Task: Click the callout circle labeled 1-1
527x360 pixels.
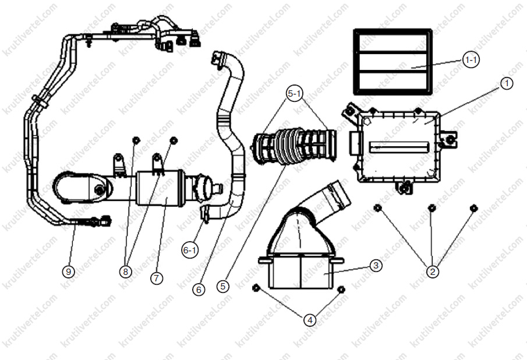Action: click(471, 60)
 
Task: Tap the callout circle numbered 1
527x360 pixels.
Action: click(507, 83)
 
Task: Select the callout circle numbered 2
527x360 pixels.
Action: click(433, 271)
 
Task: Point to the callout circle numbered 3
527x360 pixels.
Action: click(376, 266)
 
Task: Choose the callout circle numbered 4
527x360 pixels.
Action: click(310, 320)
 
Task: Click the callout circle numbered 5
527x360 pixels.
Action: click(222, 286)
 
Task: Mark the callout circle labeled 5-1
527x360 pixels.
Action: click(295, 94)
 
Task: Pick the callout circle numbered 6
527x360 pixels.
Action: click(199, 290)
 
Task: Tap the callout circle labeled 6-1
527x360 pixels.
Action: click(190, 250)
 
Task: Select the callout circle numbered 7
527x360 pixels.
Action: click(156, 278)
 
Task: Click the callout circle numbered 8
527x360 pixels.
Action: click(126, 271)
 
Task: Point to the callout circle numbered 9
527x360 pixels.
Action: click(69, 271)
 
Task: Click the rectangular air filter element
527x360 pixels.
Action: click(392, 62)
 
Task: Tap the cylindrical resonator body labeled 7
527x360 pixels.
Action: click(160, 188)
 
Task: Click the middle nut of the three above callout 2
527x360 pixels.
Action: click(431, 208)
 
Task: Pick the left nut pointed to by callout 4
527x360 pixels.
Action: click(256, 287)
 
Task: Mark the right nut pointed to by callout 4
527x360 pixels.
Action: click(341, 290)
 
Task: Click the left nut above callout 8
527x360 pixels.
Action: click(136, 140)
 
